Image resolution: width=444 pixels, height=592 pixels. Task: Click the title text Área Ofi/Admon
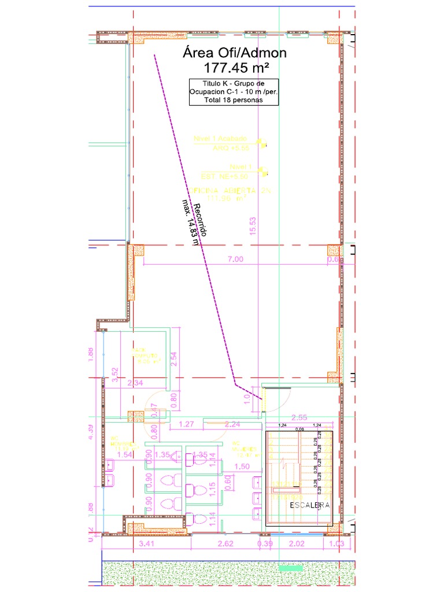[x=234, y=53]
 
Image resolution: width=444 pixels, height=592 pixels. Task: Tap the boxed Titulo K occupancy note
[x=234, y=92]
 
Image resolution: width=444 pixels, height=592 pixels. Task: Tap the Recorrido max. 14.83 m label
[x=195, y=224]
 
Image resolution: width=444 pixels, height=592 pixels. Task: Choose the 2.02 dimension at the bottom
[x=297, y=543]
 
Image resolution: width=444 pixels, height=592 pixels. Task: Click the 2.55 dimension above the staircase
[x=299, y=417]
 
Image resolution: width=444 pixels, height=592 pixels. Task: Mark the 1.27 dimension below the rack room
[x=186, y=424]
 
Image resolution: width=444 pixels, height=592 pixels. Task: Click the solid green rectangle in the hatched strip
[x=291, y=568]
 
